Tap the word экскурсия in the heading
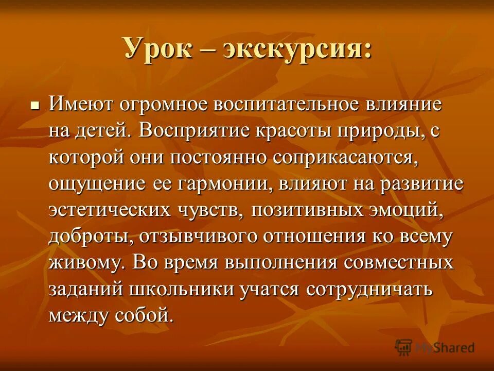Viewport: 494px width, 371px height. tap(297, 50)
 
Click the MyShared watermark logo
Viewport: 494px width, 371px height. tap(435, 347)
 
